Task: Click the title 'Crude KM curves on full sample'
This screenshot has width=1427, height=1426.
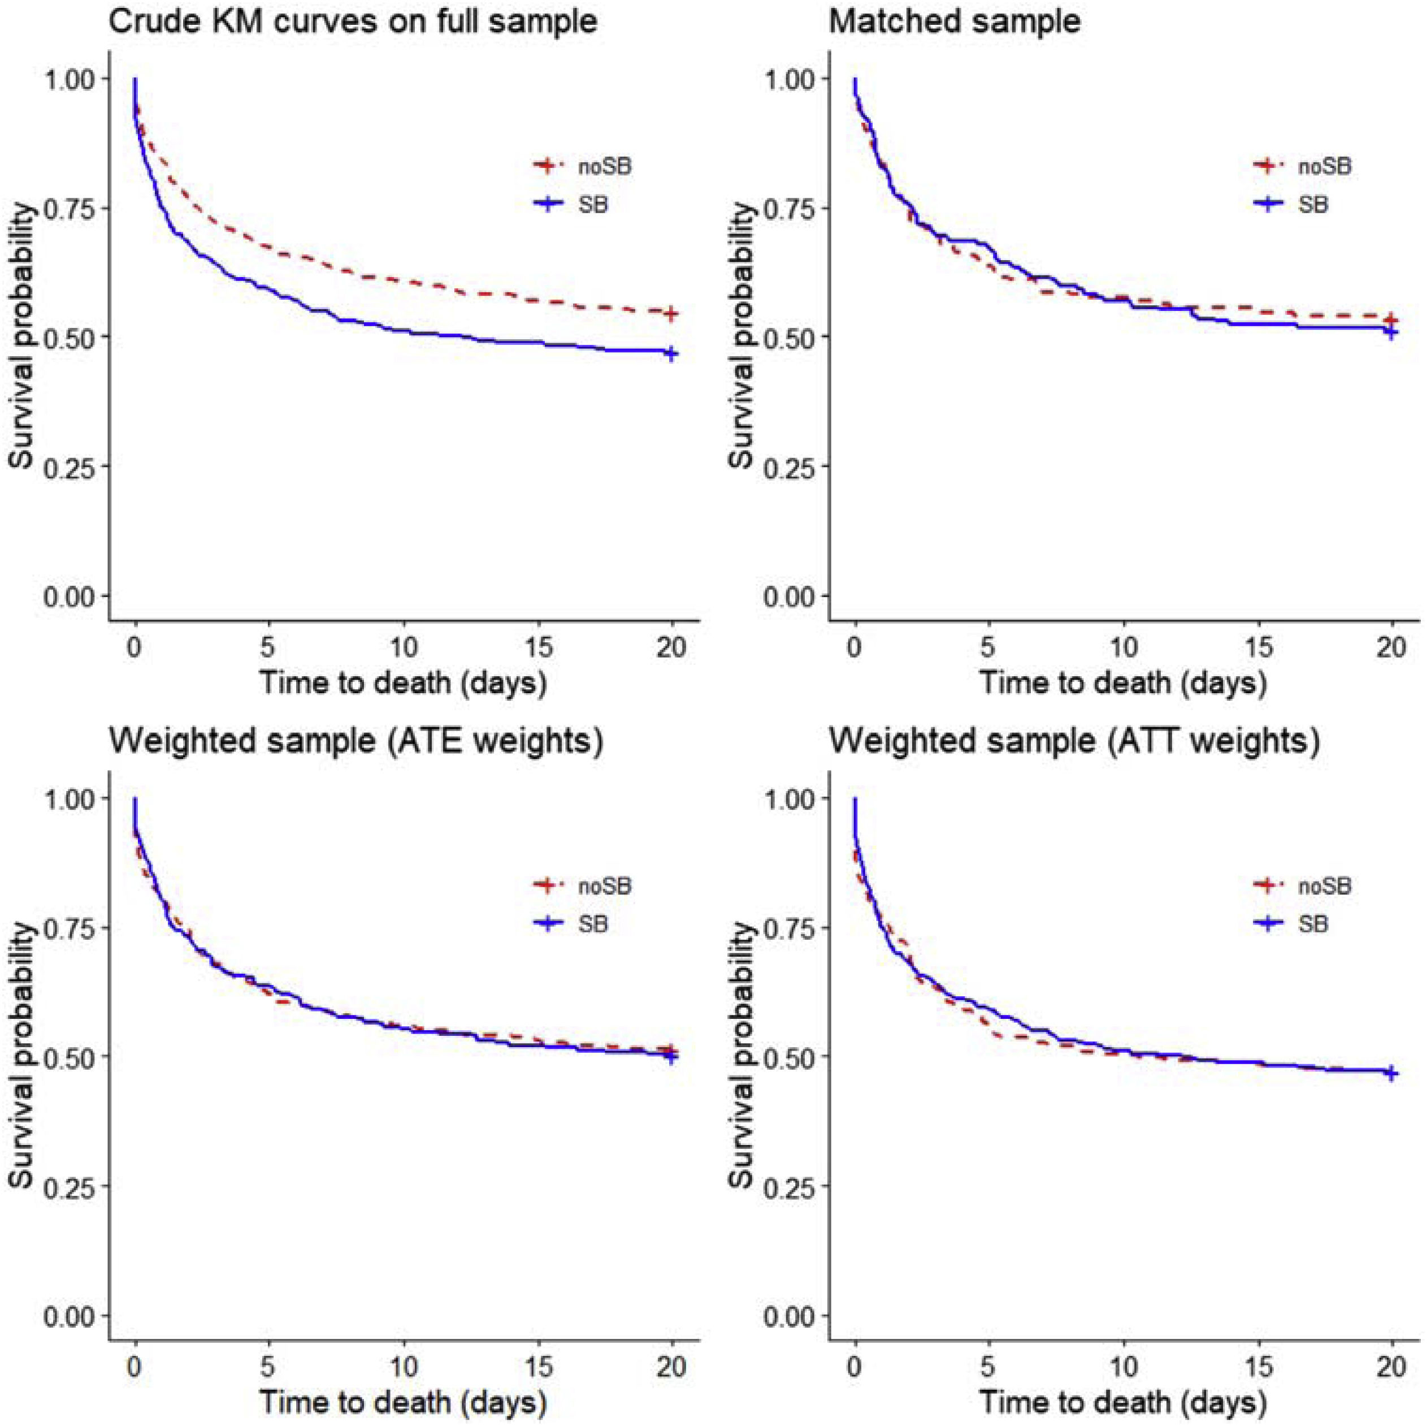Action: pos(353,21)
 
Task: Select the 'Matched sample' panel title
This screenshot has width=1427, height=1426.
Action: pos(955,21)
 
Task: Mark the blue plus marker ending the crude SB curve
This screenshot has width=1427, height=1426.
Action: pos(671,353)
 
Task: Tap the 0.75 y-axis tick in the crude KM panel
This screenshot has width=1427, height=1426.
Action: pos(70,208)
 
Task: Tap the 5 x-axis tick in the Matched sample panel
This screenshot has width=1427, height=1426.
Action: pos(989,648)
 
